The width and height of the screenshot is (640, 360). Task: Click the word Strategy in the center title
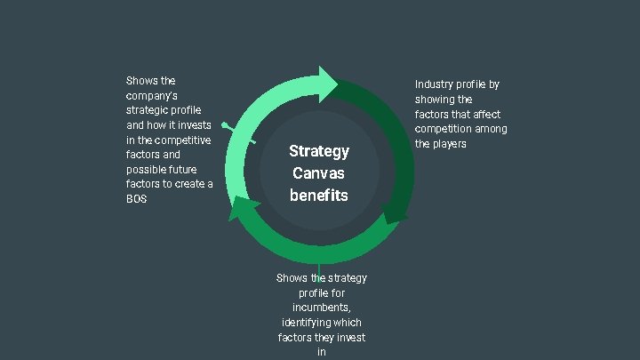[x=319, y=151]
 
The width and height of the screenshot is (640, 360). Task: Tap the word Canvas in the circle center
[x=319, y=173]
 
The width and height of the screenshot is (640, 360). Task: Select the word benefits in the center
[x=319, y=195]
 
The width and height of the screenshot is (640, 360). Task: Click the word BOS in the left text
[x=136, y=199]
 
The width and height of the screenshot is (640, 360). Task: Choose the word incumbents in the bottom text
[x=322, y=308]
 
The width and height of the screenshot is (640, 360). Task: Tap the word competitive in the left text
[x=182, y=140]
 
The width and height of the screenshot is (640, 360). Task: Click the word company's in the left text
[x=152, y=95]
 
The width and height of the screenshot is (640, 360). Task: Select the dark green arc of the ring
[x=382, y=133]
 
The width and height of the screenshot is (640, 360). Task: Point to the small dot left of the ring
[x=226, y=125]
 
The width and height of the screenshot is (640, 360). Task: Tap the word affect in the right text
[x=486, y=114]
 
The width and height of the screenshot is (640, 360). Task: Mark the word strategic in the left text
[x=148, y=110]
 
